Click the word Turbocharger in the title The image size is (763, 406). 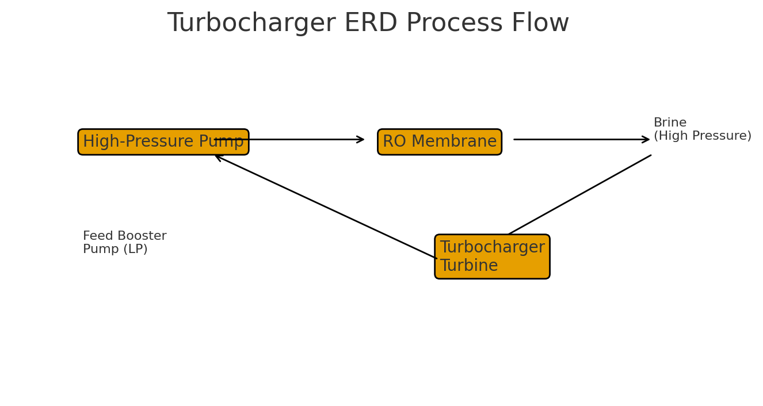click(x=251, y=24)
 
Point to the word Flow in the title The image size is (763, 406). click(x=542, y=24)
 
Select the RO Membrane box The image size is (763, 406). click(x=439, y=142)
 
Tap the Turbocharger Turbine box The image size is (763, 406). click(x=492, y=256)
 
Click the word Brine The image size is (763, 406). click(x=670, y=123)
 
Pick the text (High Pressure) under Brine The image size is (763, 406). click(x=702, y=136)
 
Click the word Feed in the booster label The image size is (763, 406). click(x=96, y=236)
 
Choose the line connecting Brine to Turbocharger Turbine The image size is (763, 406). click(x=580, y=194)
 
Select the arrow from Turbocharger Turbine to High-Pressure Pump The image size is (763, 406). click(x=326, y=207)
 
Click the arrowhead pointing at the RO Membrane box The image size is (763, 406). click(x=361, y=139)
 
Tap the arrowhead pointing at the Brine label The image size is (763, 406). click(x=646, y=139)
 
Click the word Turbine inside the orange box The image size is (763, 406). click(x=468, y=266)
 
